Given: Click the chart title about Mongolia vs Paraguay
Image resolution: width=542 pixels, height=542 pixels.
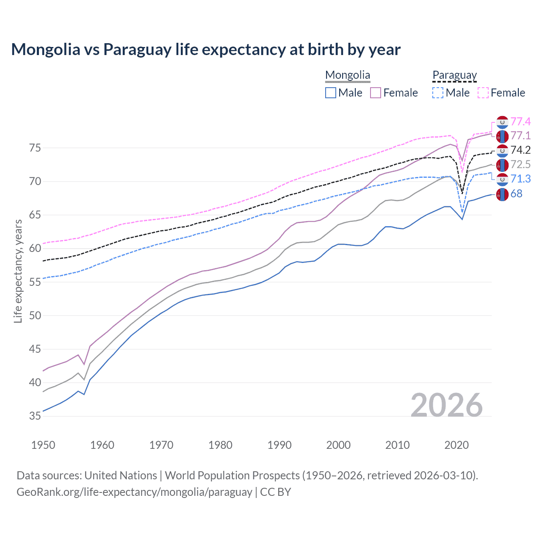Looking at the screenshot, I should pos(206,50).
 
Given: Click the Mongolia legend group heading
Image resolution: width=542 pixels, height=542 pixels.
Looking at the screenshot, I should pos(348,75).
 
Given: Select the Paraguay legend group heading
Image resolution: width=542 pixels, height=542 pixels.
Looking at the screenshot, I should pos(454,75).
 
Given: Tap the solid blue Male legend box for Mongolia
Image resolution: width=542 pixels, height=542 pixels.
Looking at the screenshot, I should pos(331,93).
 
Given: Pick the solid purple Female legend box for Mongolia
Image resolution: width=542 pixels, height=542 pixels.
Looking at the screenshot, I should pos(376,93).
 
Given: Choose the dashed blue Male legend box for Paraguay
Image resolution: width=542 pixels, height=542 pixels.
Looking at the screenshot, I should pos(438,93).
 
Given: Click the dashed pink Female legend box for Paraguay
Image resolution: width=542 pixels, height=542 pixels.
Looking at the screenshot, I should pos(483,93).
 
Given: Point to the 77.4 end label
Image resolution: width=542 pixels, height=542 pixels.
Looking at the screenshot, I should pos(520,122).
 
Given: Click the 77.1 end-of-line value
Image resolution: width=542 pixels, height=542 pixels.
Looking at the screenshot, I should pos(520,136).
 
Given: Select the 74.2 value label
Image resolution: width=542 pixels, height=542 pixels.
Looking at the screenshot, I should pos(520,150).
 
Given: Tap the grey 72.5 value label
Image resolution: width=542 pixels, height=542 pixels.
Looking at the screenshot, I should pos(520,165).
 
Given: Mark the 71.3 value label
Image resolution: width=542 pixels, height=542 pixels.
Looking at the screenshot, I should pos(520,179).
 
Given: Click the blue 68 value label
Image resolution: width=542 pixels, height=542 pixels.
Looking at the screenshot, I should pos(517,194).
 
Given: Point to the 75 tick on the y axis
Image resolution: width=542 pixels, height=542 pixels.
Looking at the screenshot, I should pos(35,148).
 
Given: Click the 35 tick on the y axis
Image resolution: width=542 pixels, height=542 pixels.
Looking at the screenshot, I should pos(35,416).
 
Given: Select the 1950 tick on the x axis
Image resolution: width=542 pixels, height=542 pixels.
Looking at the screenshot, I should pos(43,445).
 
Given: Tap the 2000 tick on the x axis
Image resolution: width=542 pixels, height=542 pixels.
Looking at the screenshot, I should pos(338,445).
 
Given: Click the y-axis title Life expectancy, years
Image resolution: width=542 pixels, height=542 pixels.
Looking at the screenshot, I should pos(18,271).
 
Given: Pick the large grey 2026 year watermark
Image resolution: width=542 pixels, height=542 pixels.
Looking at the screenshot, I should pos(447,405).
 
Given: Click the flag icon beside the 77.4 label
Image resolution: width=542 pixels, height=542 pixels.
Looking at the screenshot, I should pos(502,122).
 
